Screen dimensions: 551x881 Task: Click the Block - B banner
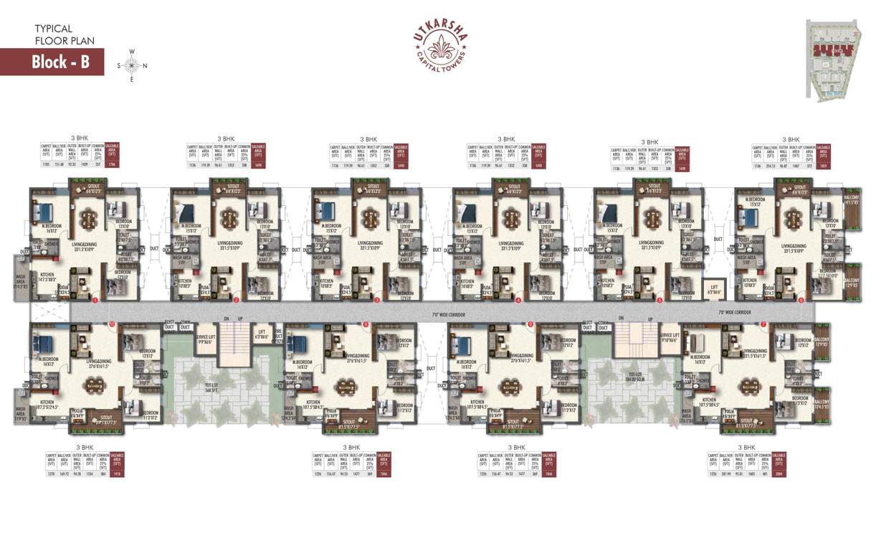pyautogui.click(x=52, y=62)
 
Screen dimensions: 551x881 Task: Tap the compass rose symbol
pyautogui.click(x=131, y=65)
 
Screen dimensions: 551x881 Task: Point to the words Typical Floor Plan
pyautogui.click(x=65, y=34)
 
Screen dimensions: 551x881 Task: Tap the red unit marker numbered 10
pyautogui.click(x=111, y=324)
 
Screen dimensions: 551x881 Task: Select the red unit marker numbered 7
pyautogui.click(x=763, y=324)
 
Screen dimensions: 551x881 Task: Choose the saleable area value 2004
pyautogui.click(x=778, y=474)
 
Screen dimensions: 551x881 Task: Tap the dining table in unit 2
pyautogui.click(x=228, y=217)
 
